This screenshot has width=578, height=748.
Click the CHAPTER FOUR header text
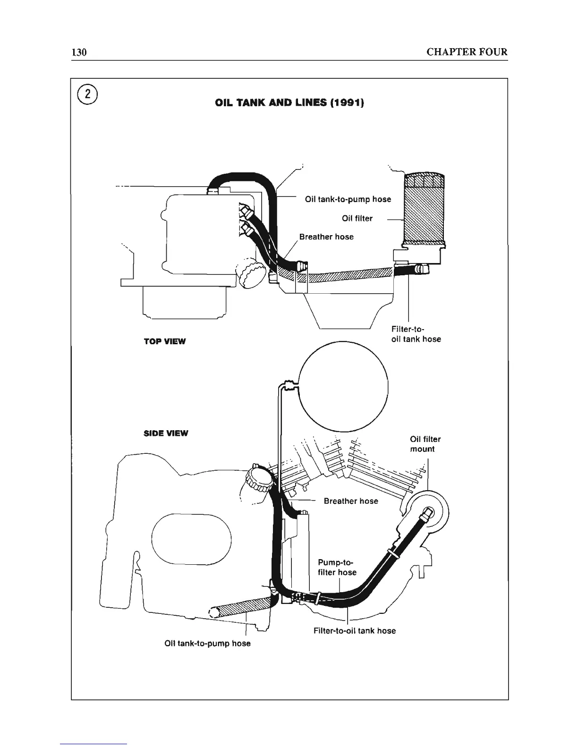pos(467,52)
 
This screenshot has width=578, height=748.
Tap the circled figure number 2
pos(87,95)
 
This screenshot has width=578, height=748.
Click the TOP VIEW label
pos(165,341)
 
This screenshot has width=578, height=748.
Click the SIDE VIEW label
pos(165,433)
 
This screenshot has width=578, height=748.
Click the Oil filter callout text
pos(357,218)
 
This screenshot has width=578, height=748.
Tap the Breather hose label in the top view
pos(326,237)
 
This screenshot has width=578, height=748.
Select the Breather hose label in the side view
pos(351,501)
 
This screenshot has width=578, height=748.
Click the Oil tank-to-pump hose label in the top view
pos(348,199)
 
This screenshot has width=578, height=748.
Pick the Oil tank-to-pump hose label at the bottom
pos(207,644)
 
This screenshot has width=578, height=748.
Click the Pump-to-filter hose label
pos(337,567)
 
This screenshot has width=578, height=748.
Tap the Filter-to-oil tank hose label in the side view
pos(355,630)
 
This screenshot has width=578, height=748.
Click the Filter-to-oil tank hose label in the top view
pos(416,334)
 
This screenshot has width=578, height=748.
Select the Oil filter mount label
pos(425,444)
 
